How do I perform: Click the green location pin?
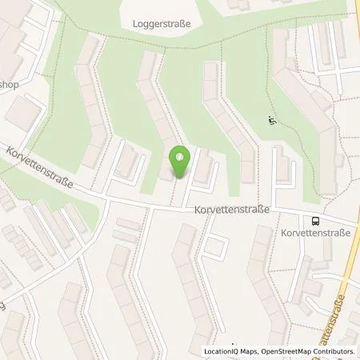point(180,161)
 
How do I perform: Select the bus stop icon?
point(315,221)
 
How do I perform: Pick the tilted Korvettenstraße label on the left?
point(38,168)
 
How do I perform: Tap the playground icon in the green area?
point(270,122)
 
